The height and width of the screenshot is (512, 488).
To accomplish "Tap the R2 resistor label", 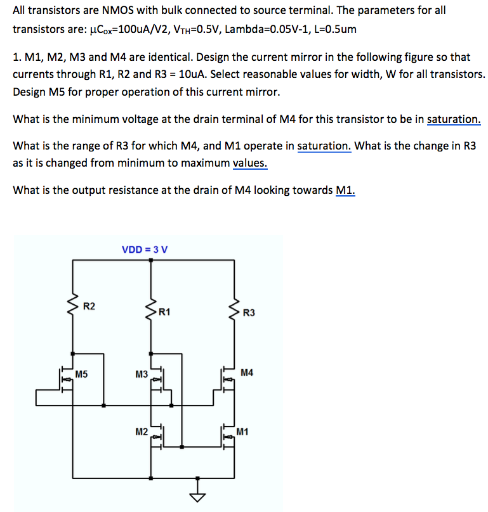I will (x=90, y=307).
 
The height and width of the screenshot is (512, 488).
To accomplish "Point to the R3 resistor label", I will (x=249, y=312).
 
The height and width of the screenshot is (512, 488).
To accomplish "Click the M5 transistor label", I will (x=81, y=374).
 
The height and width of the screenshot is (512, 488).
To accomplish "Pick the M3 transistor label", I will (x=142, y=374).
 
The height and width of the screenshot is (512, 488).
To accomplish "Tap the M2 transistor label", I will (x=142, y=432).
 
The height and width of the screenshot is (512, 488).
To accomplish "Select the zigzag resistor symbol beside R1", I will (x=151, y=309).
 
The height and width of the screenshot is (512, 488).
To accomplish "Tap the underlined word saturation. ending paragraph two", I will (x=454, y=119).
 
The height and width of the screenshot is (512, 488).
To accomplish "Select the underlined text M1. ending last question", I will (x=346, y=189).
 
